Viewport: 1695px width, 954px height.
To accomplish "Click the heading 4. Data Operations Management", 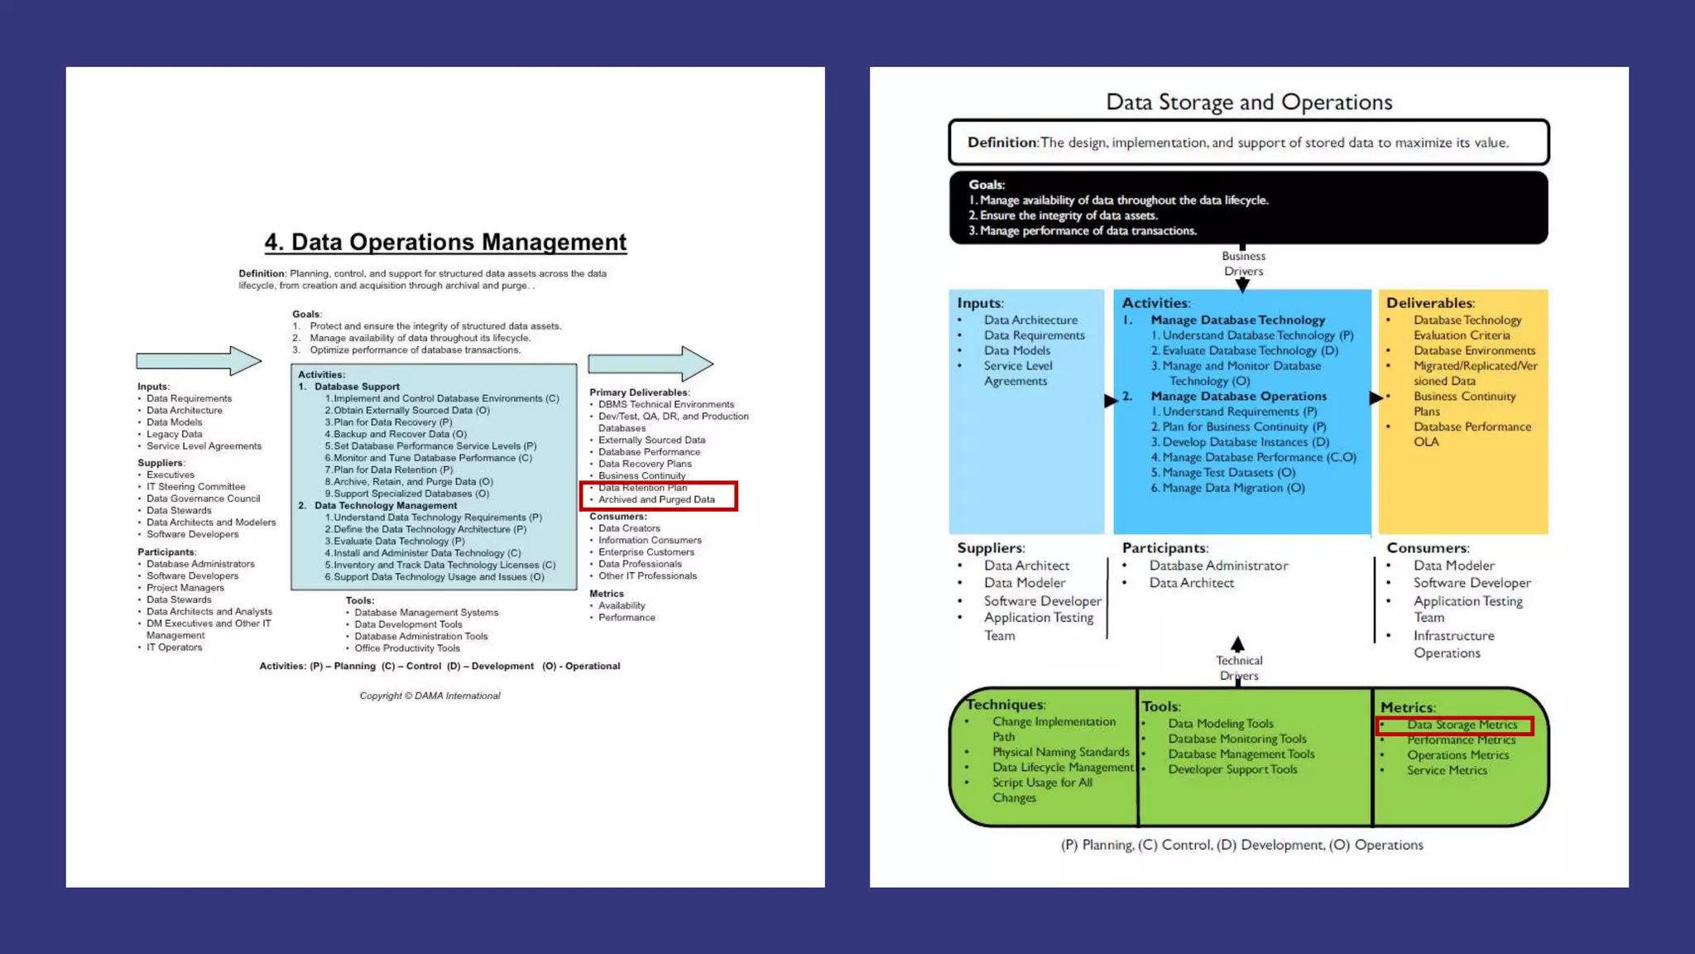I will click(445, 242).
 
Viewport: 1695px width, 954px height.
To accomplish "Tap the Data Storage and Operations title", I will click(1249, 102).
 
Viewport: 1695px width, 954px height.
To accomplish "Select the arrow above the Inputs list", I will click(199, 361).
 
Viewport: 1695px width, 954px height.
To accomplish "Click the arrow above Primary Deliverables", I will click(651, 363).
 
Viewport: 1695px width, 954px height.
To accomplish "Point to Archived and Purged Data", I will click(656, 499).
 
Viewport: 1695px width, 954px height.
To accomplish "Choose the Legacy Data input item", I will click(174, 434).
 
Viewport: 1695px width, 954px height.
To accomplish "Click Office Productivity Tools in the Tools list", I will click(406, 648).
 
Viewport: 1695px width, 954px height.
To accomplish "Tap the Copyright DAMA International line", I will click(430, 696).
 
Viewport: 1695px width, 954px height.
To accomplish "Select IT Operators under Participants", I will click(174, 648).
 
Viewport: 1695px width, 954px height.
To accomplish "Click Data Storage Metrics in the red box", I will click(1462, 725).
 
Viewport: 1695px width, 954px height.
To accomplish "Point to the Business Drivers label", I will click(1243, 263).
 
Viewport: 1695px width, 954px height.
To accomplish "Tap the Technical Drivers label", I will click(1239, 667).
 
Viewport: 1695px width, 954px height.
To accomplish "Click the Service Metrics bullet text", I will click(1447, 770).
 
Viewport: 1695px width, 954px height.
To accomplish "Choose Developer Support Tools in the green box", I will click(1232, 769).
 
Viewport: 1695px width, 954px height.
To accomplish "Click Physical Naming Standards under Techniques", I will click(1060, 752).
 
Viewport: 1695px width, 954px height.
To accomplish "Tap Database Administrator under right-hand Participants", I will click(1218, 566).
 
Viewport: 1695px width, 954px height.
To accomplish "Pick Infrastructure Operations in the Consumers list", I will click(1453, 644).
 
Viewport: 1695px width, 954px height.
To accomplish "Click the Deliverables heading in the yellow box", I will click(1430, 303).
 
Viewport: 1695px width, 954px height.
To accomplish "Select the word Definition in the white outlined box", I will click(1002, 142).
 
